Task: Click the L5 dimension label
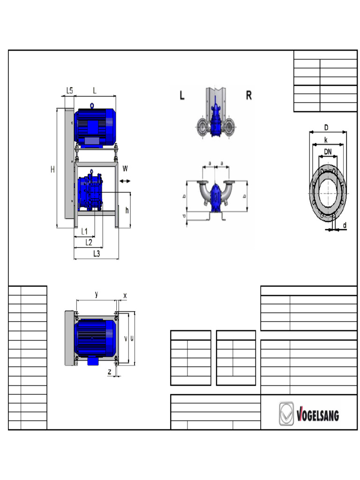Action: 69,90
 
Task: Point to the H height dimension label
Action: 53,169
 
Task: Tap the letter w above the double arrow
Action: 125,168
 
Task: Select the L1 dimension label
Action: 84,231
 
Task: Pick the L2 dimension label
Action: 88,242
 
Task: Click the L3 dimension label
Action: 97,254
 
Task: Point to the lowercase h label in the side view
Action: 127,210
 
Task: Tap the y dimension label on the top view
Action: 97,294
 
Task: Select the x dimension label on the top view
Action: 125,295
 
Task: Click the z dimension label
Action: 109,371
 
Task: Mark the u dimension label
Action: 131,338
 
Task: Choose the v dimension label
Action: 125,338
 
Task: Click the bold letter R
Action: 249,96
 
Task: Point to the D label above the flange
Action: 326,127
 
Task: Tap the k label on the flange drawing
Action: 326,140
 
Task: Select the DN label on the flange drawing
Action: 329,151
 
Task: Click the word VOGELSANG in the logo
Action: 318,415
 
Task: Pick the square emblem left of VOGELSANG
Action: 286,414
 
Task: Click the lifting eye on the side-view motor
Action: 93,105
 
